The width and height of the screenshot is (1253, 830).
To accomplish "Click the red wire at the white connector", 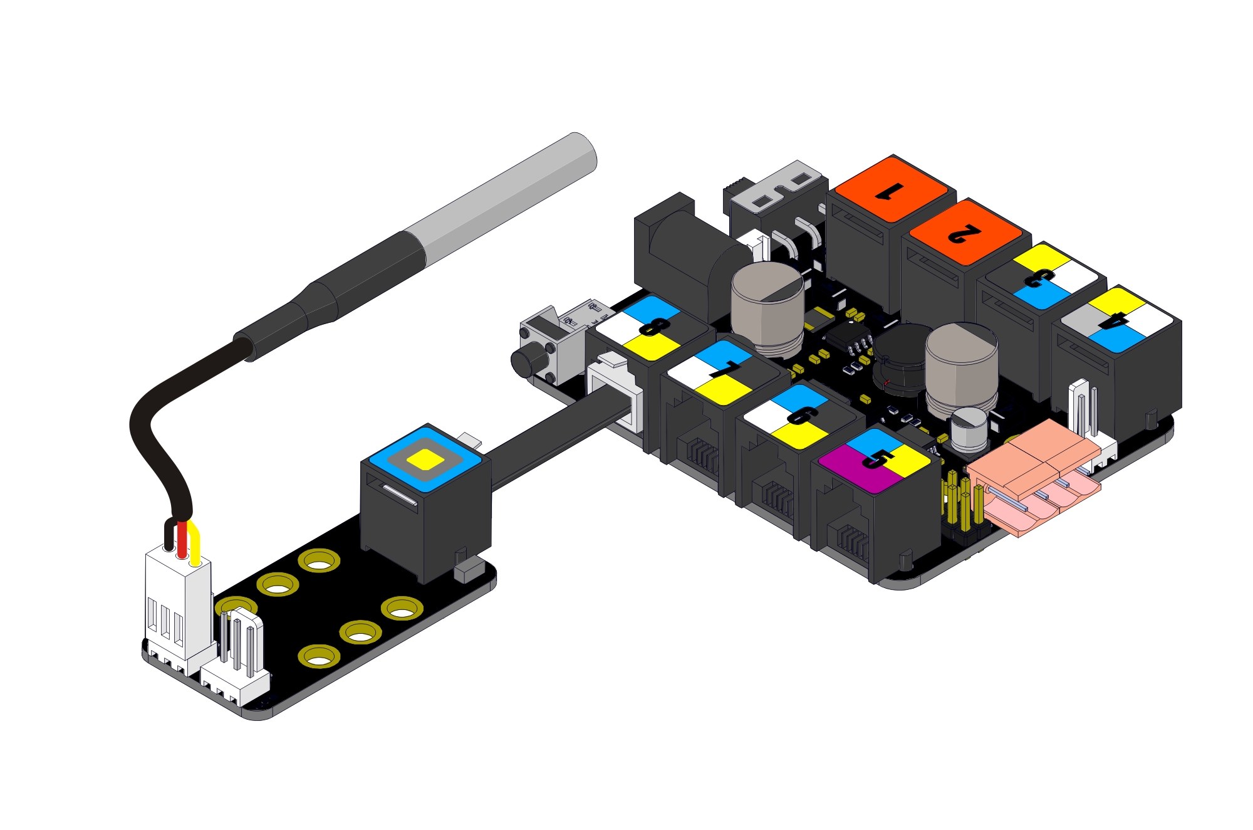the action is coord(182,540).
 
